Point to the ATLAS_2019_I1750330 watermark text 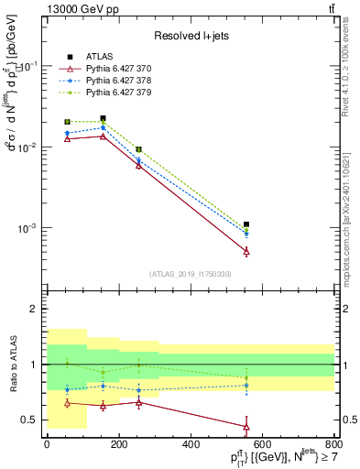tap(191, 274)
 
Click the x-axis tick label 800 tap(335, 444)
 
